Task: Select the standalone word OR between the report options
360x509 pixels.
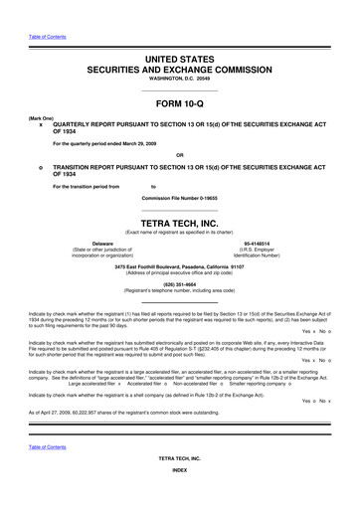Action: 180,155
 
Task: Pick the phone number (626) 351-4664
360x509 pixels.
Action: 180,280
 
